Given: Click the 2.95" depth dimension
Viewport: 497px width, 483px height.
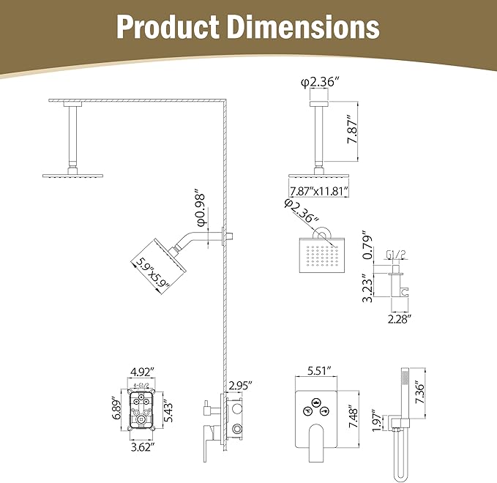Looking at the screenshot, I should coord(240,385).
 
